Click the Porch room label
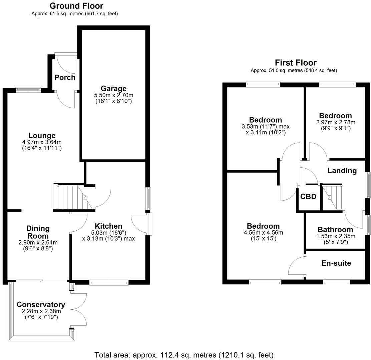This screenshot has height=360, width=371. [65, 77]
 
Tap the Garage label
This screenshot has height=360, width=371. [113, 88]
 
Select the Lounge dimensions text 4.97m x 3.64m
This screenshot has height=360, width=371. [42, 142]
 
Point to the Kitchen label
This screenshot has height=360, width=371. [108, 226]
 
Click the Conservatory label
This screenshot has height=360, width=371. [41, 305]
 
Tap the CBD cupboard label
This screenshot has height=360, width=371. [308, 197]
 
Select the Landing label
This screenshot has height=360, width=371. [342, 171]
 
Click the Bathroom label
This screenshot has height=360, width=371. [335, 230]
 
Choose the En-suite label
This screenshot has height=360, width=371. [336, 263]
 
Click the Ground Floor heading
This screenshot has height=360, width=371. [76, 6]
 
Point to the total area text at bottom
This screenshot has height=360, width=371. [184, 355]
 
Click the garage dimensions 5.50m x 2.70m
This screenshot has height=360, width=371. [113, 95]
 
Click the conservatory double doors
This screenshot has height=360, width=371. [79, 310]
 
